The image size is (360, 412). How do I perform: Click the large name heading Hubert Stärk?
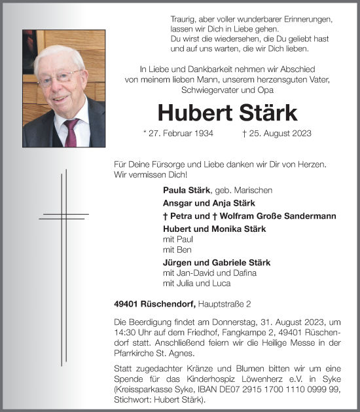227,112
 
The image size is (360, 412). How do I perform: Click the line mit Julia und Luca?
196,284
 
